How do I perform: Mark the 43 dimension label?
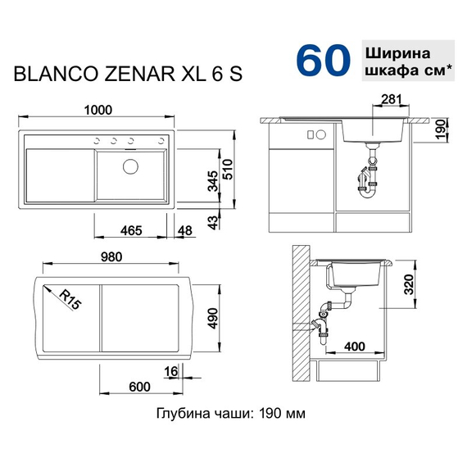[x=212, y=221]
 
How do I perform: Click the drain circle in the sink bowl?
[x=129, y=169]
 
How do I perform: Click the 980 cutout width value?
[x=111, y=256]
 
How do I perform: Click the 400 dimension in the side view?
[x=353, y=347]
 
